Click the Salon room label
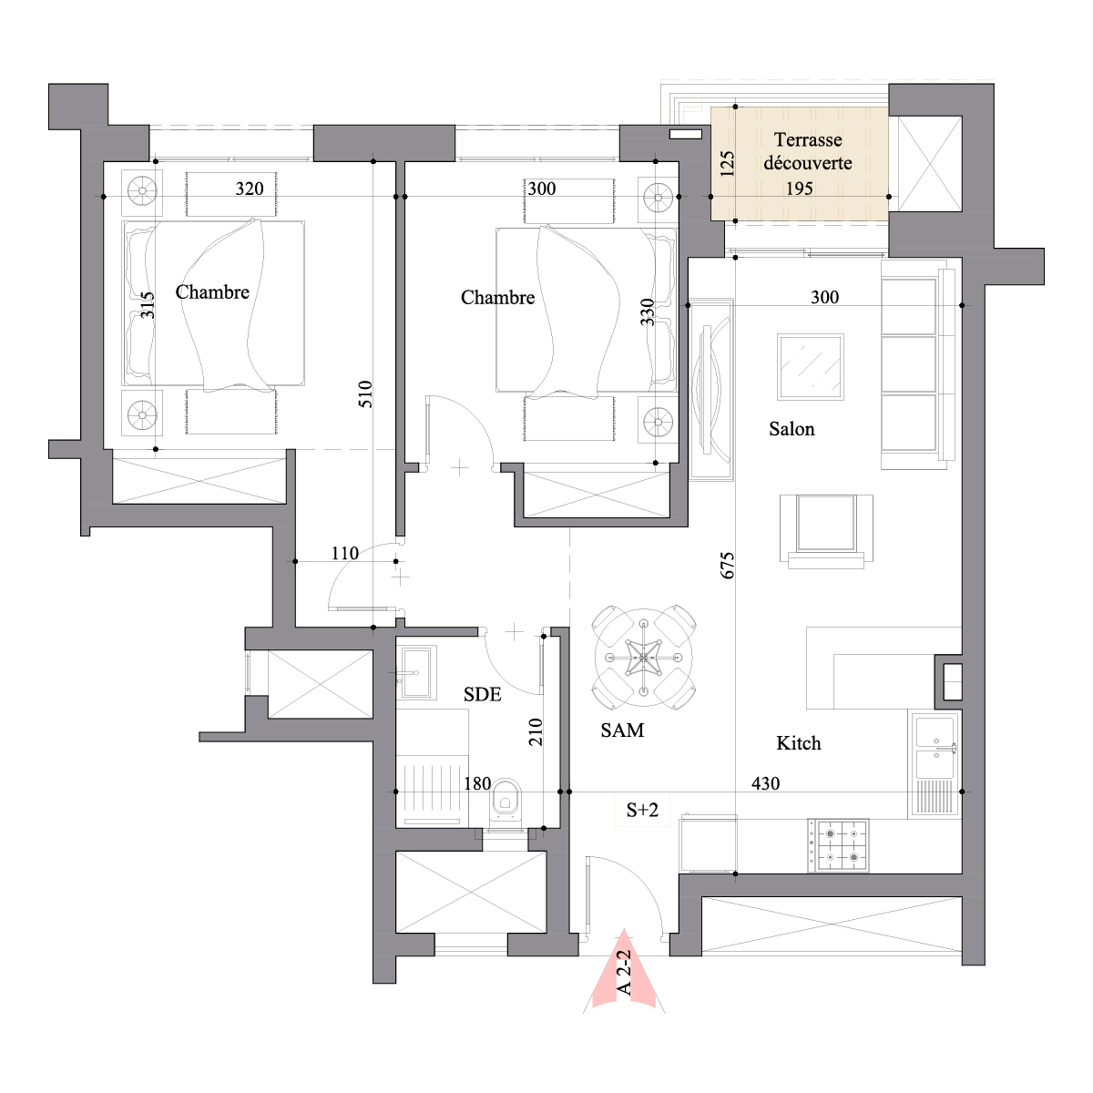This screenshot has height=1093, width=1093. [792, 429]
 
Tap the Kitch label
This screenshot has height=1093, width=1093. [798, 743]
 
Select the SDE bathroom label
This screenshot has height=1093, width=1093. [482, 694]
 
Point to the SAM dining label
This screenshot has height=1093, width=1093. [622, 730]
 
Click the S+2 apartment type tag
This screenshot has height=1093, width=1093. [642, 810]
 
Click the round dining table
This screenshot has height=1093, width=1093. [644, 658]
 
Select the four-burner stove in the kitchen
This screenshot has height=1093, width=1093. [838, 845]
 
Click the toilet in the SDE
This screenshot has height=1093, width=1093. [506, 801]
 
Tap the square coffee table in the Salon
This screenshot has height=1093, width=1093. [810, 367]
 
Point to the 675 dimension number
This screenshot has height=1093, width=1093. [727, 565]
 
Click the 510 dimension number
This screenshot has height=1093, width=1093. [366, 394]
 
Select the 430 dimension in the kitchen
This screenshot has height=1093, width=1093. [765, 783]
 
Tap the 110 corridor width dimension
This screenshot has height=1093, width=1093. [345, 553]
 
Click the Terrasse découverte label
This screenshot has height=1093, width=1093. [808, 151]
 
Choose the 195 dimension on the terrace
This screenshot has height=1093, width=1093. [799, 189]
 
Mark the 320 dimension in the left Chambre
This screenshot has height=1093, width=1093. [250, 189]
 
